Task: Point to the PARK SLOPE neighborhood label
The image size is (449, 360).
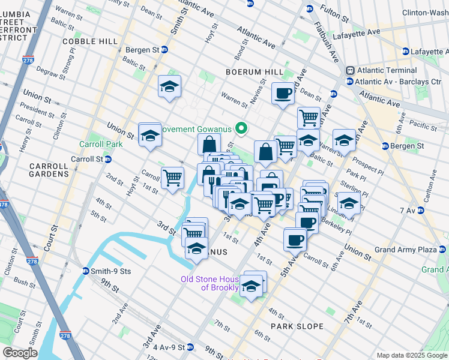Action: [x=297, y=326]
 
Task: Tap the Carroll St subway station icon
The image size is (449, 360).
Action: [x=108, y=159]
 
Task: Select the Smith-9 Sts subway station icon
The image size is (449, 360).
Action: [x=86, y=271]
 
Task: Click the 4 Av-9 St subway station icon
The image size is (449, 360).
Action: [x=190, y=347]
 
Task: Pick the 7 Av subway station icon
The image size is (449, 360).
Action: [x=421, y=210]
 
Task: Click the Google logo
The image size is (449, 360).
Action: [x=20, y=353]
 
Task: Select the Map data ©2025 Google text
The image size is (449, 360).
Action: [x=412, y=355]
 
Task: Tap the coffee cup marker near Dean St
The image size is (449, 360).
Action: [x=283, y=93]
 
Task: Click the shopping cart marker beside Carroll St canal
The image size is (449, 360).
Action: [x=172, y=178]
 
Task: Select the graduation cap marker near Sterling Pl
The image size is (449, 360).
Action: [x=349, y=202]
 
